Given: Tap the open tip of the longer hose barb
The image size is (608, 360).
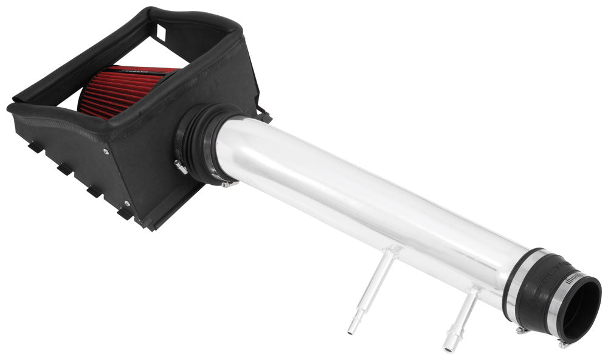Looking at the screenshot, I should click(x=351, y=330).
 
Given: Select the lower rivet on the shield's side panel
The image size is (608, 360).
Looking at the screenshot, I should click(x=127, y=202).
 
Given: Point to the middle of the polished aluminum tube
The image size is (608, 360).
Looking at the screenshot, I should click(x=365, y=201).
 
